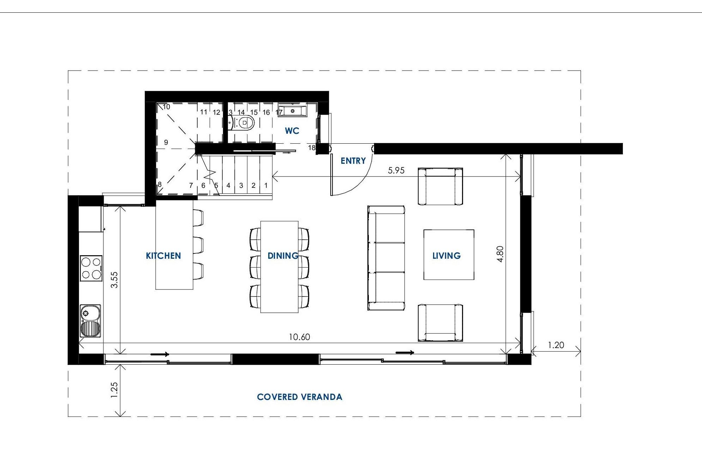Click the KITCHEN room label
click(163, 256)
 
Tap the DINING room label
click(283, 256)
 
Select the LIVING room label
click(446, 256)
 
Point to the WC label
click(292, 131)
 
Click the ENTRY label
click(353, 161)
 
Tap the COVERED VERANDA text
click(300, 397)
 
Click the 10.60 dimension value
click(299, 337)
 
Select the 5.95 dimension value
click(396, 170)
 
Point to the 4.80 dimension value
click(500, 254)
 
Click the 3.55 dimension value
click(114, 280)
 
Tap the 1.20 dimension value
click(556, 345)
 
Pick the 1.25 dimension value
click(114, 390)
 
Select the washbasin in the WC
click(293, 111)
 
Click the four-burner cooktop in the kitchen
click(91, 268)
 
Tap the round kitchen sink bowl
click(86, 312)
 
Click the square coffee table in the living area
click(449, 255)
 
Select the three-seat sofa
click(386, 258)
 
